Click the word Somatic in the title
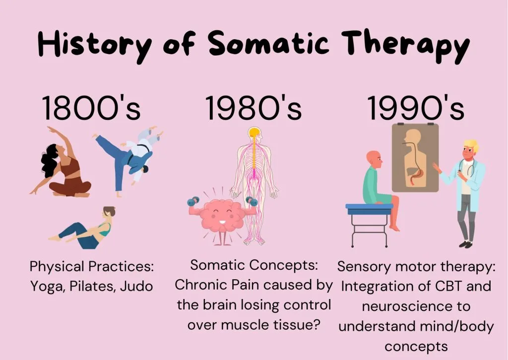pos(268,43)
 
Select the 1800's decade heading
pos(91,108)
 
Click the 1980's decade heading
pos(254,108)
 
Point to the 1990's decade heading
pos(416,108)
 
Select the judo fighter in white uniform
pos(141,152)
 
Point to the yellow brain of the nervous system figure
pos(254,132)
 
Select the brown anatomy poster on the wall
pos(415,158)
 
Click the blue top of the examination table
pos(369,207)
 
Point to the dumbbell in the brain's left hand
pos(193,201)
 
